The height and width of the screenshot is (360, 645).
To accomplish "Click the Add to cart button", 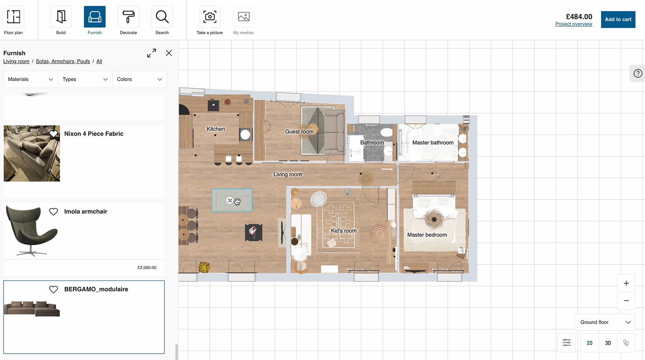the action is pyautogui.click(x=618, y=19).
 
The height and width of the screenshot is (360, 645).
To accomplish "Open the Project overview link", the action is pyautogui.click(x=574, y=24).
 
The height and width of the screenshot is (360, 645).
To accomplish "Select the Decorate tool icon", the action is pyautogui.click(x=128, y=17).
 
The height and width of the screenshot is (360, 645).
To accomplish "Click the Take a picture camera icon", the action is pyautogui.click(x=209, y=17).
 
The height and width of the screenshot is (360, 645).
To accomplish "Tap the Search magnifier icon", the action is pyautogui.click(x=162, y=17).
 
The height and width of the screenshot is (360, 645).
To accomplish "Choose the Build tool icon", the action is pyautogui.click(x=61, y=17).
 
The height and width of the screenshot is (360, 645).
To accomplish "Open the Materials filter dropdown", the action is pyautogui.click(x=31, y=79).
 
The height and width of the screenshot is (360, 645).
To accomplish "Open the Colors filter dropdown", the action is pyautogui.click(x=140, y=79).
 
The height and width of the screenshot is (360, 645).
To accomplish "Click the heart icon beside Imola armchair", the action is pyautogui.click(x=53, y=212).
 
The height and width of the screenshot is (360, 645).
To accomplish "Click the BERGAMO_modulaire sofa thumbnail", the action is pyautogui.click(x=32, y=309).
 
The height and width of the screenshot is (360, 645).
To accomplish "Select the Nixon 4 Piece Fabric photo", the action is pyautogui.click(x=32, y=153).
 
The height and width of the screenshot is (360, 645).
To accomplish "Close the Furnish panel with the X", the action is pyautogui.click(x=169, y=53).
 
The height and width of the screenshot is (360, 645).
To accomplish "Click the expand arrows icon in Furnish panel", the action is pyautogui.click(x=152, y=53).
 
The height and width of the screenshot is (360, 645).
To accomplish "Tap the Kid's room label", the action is pyautogui.click(x=343, y=231).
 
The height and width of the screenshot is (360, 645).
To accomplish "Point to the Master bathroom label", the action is pyautogui.click(x=433, y=143).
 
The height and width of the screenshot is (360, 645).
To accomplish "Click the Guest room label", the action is pyautogui.click(x=299, y=132).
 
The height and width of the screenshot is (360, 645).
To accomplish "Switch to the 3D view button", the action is pyautogui.click(x=608, y=343).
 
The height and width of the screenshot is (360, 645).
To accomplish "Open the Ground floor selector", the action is pyautogui.click(x=605, y=322).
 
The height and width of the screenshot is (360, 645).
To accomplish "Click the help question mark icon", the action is pyautogui.click(x=638, y=73).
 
